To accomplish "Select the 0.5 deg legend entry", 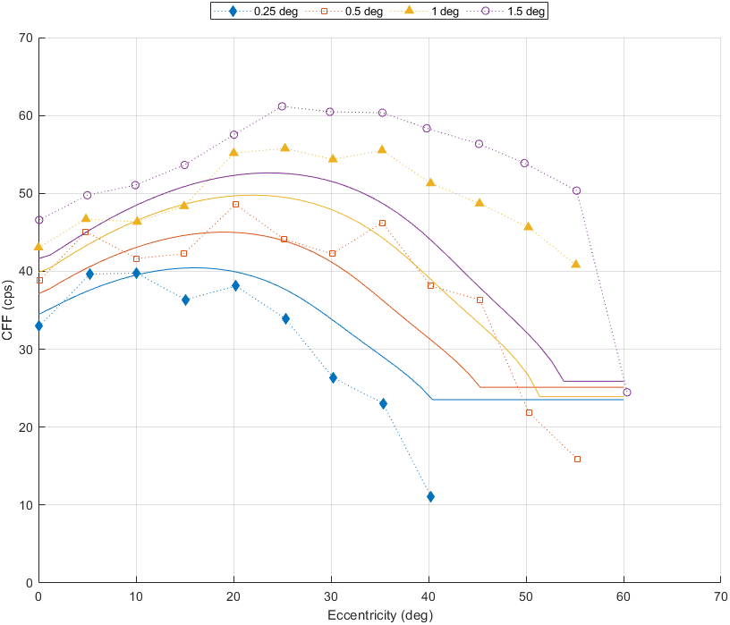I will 349,12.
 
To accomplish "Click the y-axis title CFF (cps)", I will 8,310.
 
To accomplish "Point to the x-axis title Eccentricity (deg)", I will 379,614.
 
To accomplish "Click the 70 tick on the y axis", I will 25,38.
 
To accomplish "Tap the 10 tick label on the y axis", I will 25,505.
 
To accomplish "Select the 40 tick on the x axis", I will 429,595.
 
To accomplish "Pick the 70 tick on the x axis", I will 720,595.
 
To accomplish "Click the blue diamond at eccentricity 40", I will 430,496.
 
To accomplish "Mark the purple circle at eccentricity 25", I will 282,106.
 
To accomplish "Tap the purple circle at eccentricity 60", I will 626,392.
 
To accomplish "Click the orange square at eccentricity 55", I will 577,459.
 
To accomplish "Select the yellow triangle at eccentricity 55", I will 576,264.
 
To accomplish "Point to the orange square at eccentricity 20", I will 235,204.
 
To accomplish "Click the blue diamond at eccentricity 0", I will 38,325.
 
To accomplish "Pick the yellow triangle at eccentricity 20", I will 234,152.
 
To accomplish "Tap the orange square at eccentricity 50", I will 529,412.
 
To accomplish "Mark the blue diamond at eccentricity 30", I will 333,377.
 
